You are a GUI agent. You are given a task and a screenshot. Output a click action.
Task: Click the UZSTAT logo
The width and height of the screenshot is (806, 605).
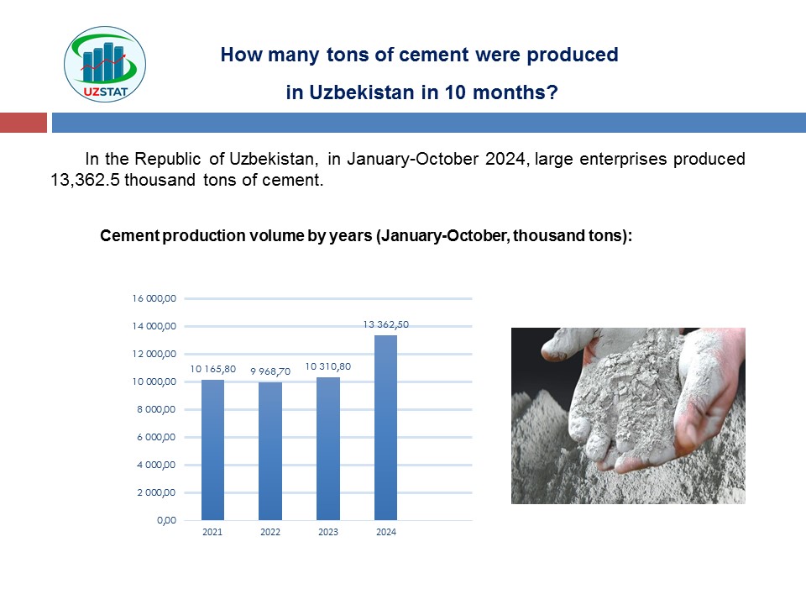pyautogui.click(x=105, y=64)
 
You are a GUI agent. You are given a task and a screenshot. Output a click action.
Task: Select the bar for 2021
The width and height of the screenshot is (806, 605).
pyautogui.click(x=212, y=450)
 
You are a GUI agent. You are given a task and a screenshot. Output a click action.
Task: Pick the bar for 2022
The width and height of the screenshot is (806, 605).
pyautogui.click(x=270, y=451)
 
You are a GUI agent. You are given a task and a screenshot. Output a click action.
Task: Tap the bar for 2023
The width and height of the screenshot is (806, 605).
pyautogui.click(x=328, y=449)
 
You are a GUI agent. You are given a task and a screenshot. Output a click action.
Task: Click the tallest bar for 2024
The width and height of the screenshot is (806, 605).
pyautogui.click(x=385, y=428)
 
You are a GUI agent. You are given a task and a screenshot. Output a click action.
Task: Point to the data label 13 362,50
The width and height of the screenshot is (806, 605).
pyautogui.click(x=386, y=324)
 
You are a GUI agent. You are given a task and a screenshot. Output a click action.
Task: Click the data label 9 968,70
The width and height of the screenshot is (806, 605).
pyautogui.click(x=270, y=371)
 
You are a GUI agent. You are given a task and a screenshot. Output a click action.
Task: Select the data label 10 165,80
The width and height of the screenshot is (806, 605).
pyautogui.click(x=212, y=369)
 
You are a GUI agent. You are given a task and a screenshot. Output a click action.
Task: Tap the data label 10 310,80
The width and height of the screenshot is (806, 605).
pyautogui.click(x=328, y=366)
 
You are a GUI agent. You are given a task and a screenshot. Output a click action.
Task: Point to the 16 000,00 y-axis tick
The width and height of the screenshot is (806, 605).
pyautogui.click(x=154, y=298)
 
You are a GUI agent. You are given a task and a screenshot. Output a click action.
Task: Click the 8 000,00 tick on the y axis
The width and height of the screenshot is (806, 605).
pyautogui.click(x=156, y=409)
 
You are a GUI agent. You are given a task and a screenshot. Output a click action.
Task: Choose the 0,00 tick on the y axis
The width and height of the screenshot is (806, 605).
pyautogui.click(x=166, y=521)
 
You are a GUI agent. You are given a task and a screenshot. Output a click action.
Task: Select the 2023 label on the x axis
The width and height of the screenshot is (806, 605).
pyautogui.click(x=328, y=532)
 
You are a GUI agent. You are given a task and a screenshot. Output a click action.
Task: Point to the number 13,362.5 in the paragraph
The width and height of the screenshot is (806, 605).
pyautogui.click(x=85, y=180)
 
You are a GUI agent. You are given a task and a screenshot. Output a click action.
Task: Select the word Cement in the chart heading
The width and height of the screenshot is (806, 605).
pyautogui.click(x=130, y=235)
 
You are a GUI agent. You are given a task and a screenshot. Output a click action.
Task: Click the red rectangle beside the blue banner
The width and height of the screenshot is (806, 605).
pyautogui.click(x=24, y=123)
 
